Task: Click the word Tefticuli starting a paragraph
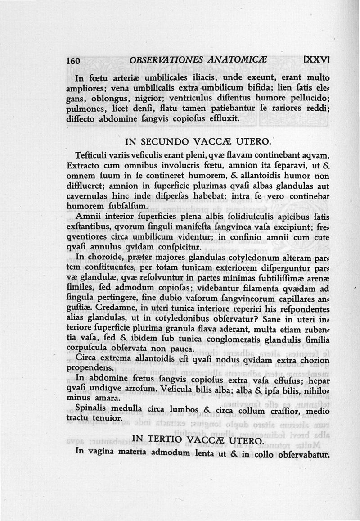pos(92,155)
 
